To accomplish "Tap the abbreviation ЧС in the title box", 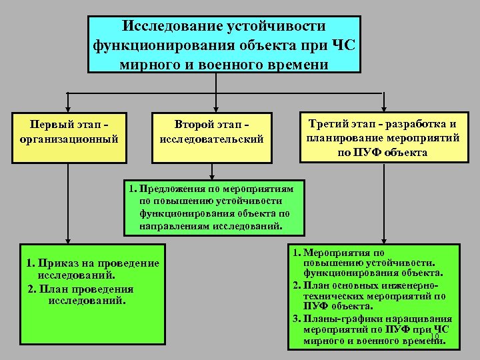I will [x=343, y=45].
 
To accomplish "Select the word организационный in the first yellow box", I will [x=70, y=140].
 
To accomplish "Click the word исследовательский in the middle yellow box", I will [x=212, y=140].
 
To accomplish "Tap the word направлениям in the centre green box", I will [x=175, y=227].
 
